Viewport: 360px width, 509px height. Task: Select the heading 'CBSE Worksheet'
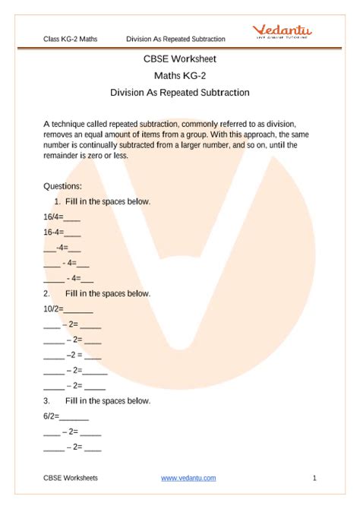click(x=180, y=58)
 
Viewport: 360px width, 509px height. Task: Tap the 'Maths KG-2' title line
click(x=180, y=75)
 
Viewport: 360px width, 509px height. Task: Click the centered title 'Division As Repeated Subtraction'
click(x=180, y=93)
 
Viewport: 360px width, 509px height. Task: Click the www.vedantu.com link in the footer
click(x=188, y=478)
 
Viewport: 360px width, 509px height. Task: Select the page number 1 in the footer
click(x=314, y=478)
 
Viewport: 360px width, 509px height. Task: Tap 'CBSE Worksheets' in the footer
click(x=71, y=478)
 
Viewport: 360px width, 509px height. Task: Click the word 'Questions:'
click(x=63, y=186)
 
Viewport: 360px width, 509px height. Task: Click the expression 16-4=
click(x=53, y=232)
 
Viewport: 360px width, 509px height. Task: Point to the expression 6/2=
click(x=51, y=416)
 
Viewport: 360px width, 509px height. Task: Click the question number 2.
click(x=47, y=293)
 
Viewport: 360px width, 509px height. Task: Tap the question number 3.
click(x=47, y=400)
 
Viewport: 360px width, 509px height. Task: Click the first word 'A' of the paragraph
click(x=46, y=123)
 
